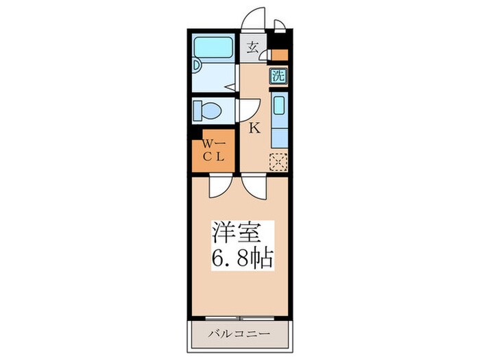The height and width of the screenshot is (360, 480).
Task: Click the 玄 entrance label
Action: coord(252,48)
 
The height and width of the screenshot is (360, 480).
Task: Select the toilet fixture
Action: coord(206,110)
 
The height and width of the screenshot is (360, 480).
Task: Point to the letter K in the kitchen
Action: coord(253,128)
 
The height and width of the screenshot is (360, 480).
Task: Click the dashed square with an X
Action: coord(278,162)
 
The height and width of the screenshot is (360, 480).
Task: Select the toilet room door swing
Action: coord(246,110)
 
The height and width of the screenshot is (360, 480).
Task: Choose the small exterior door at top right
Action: coord(279,26)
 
